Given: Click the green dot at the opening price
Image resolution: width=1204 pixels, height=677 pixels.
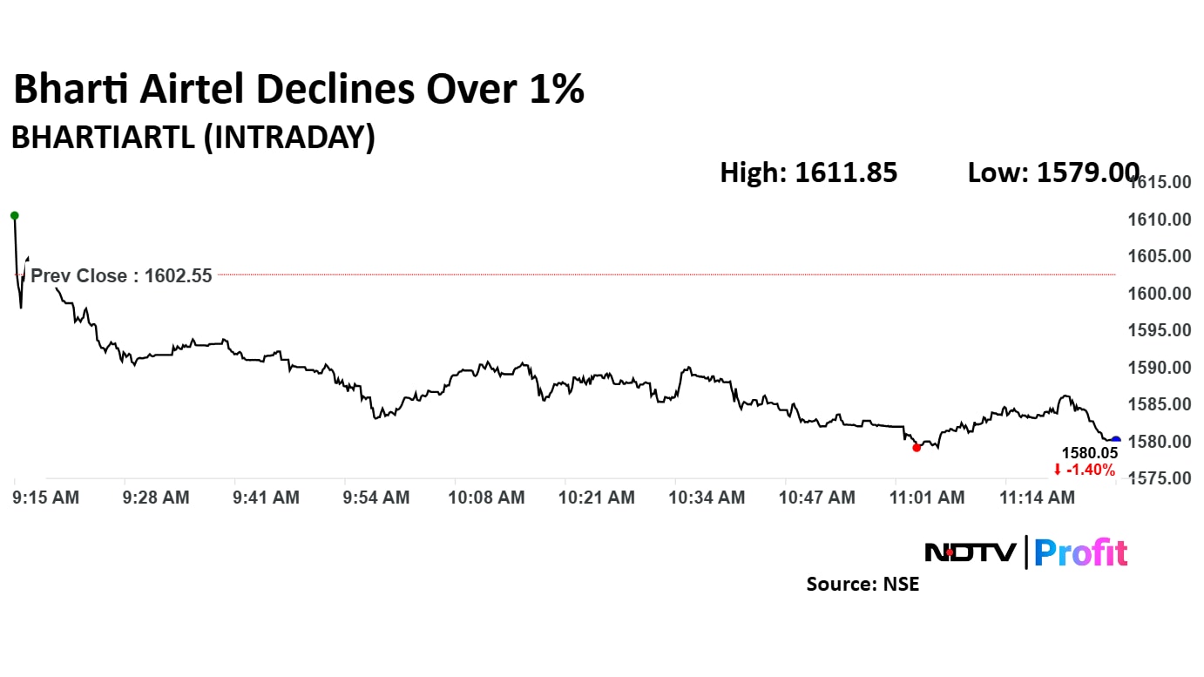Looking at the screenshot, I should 14,215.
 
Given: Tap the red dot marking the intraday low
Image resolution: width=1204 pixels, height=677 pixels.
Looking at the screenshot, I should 917,448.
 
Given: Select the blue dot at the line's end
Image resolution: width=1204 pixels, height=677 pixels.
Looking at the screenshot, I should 1116,440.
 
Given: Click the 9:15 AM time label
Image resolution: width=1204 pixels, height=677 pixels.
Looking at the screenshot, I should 45,498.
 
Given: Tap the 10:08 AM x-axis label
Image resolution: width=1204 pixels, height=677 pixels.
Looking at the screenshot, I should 487,498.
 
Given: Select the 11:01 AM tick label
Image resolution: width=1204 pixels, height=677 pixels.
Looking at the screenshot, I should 927,498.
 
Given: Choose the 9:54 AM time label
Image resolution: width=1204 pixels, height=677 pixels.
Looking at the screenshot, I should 376,498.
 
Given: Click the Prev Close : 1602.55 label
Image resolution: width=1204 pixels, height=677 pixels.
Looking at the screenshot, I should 121,276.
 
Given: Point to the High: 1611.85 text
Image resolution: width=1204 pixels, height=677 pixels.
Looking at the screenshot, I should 808,173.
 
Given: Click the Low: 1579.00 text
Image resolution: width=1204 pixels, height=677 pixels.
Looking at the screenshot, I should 1052,173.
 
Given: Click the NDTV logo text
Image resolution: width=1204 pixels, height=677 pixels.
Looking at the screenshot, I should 970,552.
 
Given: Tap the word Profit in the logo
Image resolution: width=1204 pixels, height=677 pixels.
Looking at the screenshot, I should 1080,552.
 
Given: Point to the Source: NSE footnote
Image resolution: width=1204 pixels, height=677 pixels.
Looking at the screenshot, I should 862,584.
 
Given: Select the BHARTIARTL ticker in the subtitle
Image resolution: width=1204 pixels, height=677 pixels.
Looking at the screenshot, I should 103,139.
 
